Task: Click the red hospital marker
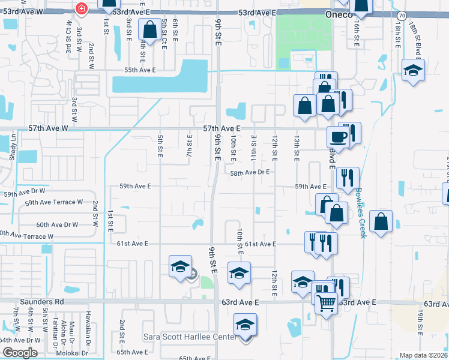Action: pyautogui.click(x=82, y=8)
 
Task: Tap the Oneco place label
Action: pyautogui.click(x=338, y=14)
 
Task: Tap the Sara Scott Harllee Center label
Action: pyautogui.click(x=190, y=337)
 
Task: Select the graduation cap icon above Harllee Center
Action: pyautogui.click(x=245, y=325)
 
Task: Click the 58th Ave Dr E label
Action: pyautogui.click(x=251, y=172)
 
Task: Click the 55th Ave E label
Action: pyautogui.click(x=140, y=70)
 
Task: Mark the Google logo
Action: pyautogui.click(x=20, y=353)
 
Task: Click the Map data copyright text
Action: pyautogui.click(x=424, y=355)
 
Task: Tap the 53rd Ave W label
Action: pyautogui.click(x=36, y=11)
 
